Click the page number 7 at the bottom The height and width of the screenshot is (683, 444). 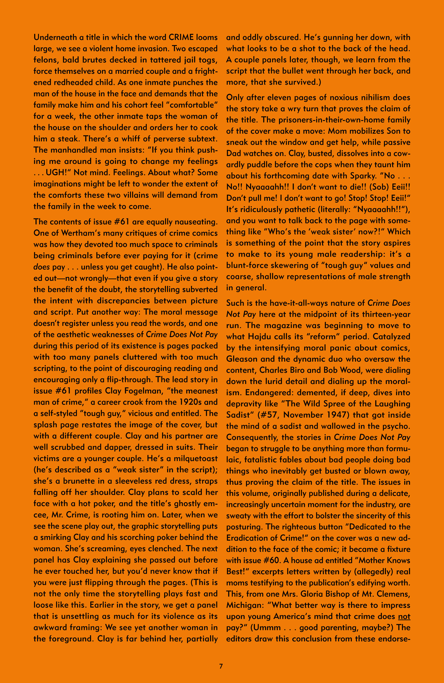(x=221, y=666)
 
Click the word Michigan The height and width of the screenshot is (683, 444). (x=244, y=605)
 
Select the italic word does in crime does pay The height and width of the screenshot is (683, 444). (x=42, y=267)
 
